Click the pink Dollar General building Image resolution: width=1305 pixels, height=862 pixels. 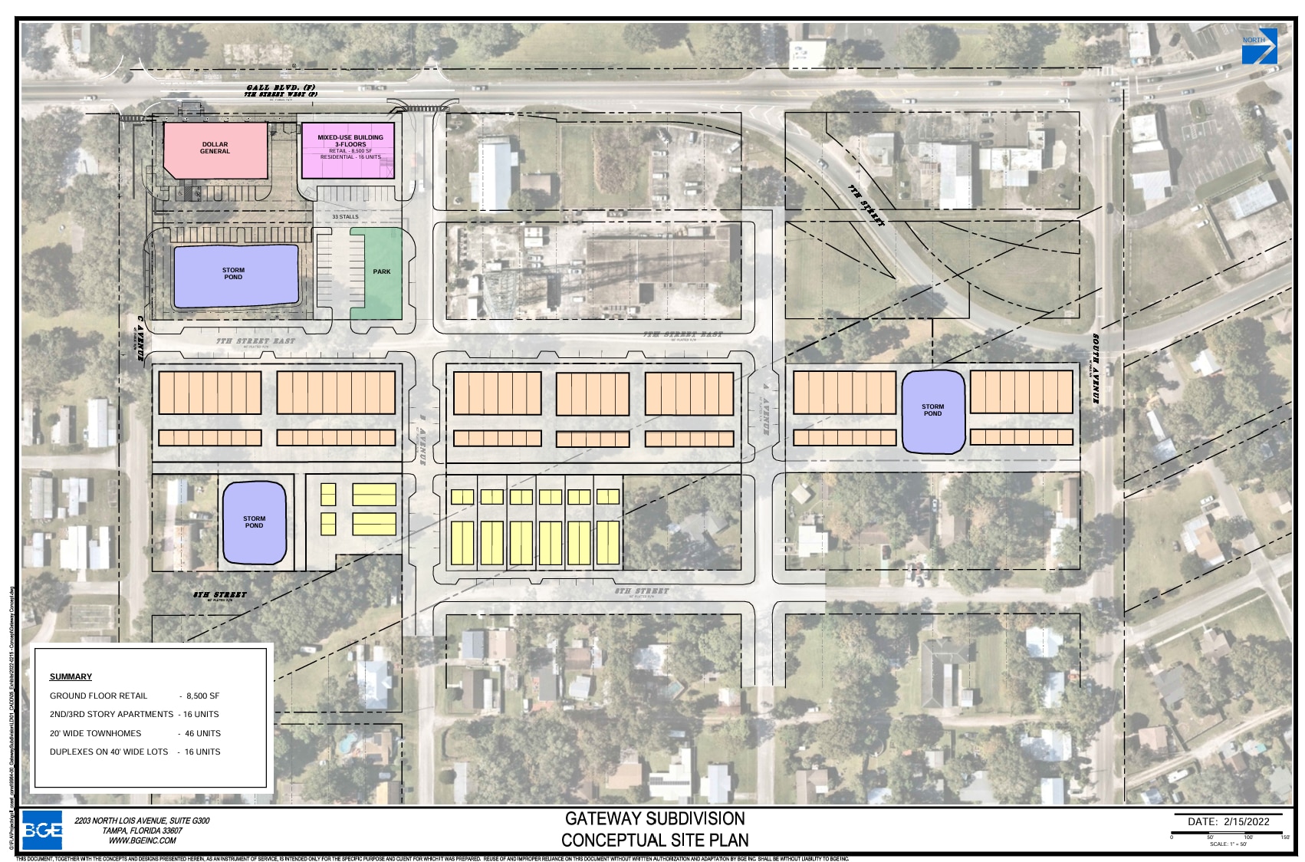[215, 150]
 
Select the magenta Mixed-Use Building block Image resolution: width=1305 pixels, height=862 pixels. [349, 150]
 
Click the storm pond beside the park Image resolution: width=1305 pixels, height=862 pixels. [235, 275]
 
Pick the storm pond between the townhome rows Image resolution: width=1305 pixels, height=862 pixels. [932, 411]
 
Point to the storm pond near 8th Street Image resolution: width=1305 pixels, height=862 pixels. [254, 522]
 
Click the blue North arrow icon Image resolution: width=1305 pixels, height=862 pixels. [1259, 46]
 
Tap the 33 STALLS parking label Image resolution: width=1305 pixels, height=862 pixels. [345, 217]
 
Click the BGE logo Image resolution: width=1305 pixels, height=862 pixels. [42, 830]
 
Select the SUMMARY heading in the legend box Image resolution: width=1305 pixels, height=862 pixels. [71, 676]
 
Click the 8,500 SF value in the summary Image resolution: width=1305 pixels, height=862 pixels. [202, 696]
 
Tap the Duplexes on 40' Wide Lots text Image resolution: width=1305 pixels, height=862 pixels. [109, 752]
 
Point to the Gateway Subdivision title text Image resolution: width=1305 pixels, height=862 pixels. [655, 818]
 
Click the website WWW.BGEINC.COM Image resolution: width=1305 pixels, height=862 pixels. [142, 841]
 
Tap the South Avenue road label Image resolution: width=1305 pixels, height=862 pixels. [1097, 368]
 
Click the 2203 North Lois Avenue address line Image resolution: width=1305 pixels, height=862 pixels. [142, 821]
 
